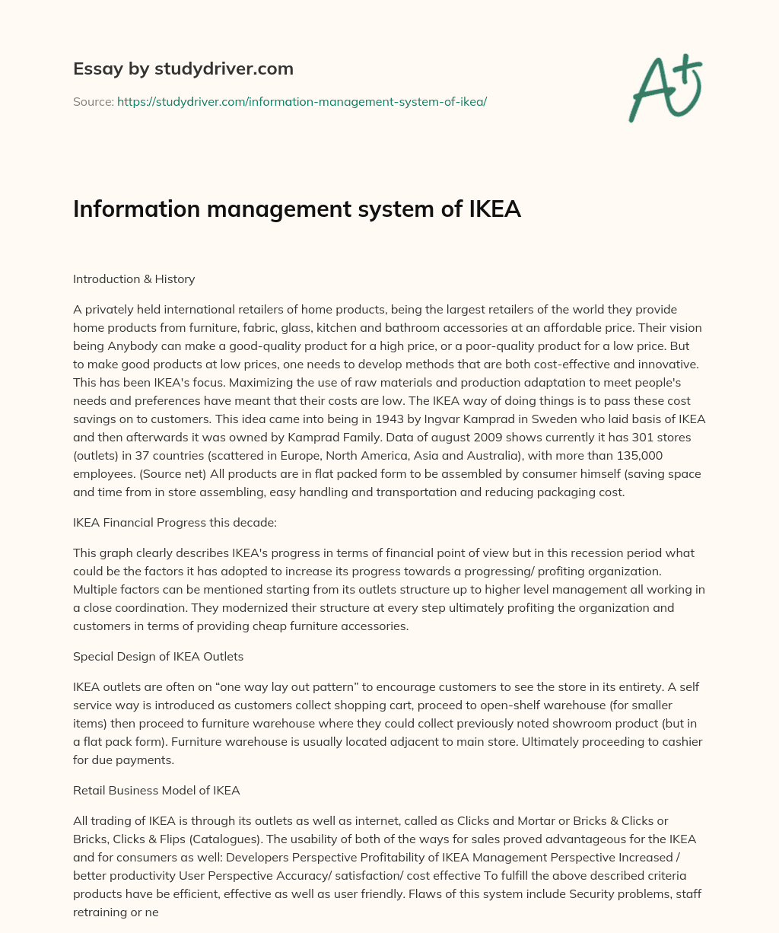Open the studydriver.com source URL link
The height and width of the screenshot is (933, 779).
click(x=301, y=101)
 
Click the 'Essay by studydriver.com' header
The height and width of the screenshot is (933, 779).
click(x=183, y=68)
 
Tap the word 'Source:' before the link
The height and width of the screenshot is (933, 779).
click(x=93, y=101)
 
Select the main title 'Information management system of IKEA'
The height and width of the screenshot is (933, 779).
click(x=297, y=209)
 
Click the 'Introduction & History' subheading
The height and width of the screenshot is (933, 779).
click(x=134, y=279)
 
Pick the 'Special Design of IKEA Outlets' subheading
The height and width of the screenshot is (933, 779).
click(x=158, y=656)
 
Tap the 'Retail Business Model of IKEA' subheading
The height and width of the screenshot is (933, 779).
click(x=156, y=790)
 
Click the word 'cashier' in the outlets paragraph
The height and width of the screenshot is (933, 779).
click(x=682, y=741)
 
